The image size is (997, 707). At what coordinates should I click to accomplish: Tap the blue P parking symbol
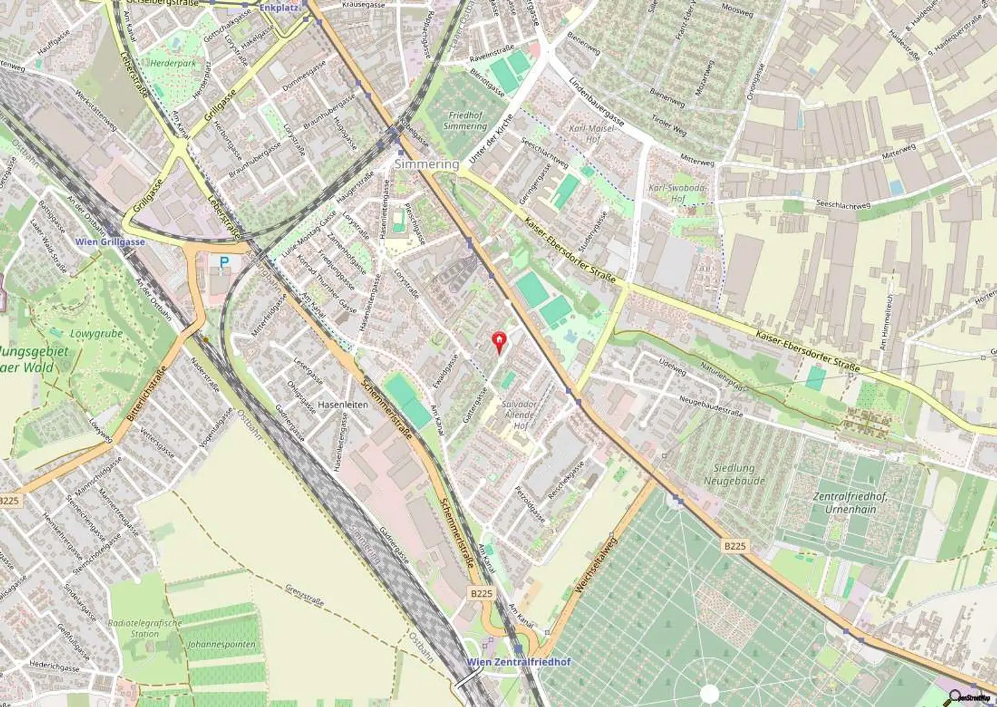224,262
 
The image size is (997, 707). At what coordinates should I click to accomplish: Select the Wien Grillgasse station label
110,242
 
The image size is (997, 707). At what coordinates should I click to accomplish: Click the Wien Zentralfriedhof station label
519,662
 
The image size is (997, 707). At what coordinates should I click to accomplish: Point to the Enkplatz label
277,8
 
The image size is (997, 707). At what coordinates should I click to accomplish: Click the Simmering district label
426,164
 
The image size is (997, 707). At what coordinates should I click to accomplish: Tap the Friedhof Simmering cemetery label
465,121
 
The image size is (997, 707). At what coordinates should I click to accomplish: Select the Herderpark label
173,64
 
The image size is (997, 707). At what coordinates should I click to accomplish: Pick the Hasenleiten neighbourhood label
343,404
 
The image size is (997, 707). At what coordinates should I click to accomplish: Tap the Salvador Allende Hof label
520,414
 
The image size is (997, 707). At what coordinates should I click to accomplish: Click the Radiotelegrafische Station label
145,628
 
